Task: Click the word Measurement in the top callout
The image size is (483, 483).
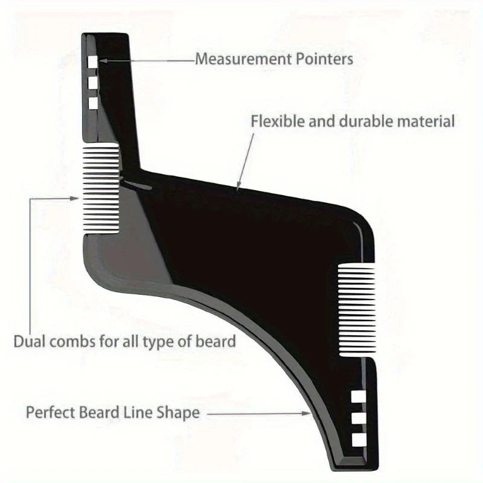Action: click(238, 59)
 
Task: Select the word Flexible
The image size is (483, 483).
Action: click(273, 121)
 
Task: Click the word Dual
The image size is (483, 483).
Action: click(28, 341)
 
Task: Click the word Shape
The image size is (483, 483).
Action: click(179, 413)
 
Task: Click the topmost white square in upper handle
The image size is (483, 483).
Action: click(93, 61)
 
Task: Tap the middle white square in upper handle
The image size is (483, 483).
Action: click(93, 82)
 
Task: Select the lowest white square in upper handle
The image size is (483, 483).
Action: click(93, 103)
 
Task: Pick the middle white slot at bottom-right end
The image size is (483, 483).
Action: click(358, 418)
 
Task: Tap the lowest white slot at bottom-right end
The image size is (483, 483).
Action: click(358, 439)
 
